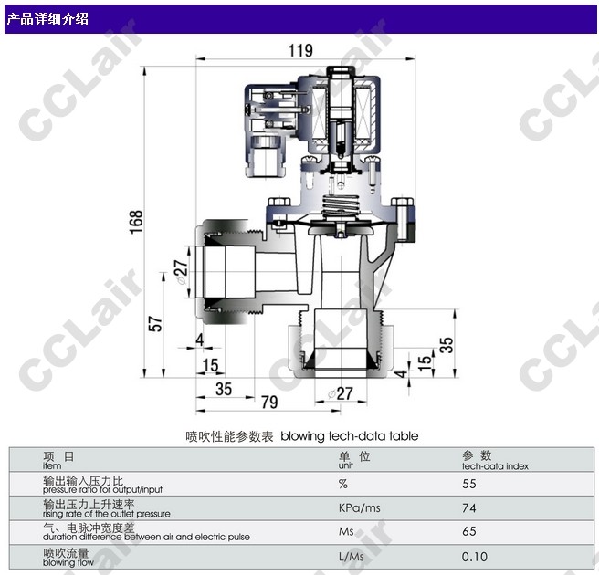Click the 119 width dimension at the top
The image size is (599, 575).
(x=300, y=50)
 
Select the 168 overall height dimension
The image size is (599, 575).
(x=136, y=222)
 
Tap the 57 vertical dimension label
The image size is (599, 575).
(x=155, y=323)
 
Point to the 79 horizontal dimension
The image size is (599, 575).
(x=269, y=402)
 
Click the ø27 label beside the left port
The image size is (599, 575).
(x=181, y=273)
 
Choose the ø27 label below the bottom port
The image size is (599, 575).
(x=340, y=393)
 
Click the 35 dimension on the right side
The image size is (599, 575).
(x=447, y=345)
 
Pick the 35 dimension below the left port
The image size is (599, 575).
(x=224, y=389)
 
